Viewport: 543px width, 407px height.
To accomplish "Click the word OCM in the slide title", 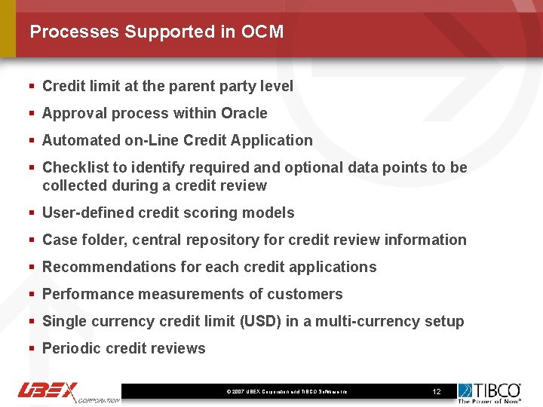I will [x=262, y=32].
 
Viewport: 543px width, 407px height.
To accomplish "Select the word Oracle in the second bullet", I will [x=244, y=113].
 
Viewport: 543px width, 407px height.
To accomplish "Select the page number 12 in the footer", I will [x=436, y=392].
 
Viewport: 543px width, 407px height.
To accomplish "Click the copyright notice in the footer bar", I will [x=287, y=392].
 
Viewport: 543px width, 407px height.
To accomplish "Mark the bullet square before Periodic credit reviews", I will [x=32, y=348].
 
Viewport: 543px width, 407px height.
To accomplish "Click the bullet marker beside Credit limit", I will [x=32, y=86].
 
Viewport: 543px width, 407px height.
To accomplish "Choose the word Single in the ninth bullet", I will [x=64, y=321].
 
